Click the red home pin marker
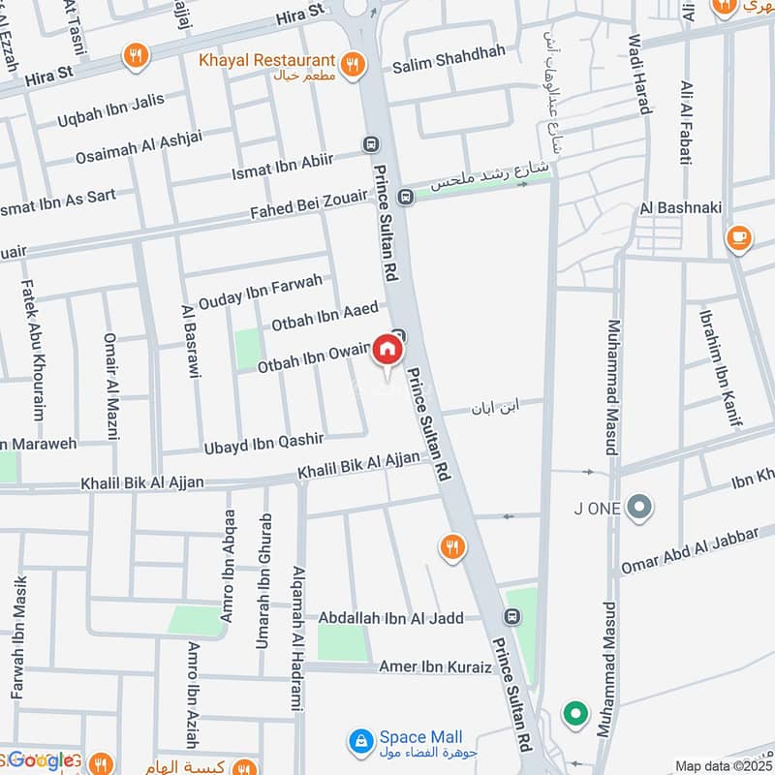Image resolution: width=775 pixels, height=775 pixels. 387,350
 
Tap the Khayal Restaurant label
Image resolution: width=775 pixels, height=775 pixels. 266,60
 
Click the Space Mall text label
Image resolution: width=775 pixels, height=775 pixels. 420,737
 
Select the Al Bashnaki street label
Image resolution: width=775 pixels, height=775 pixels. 675,208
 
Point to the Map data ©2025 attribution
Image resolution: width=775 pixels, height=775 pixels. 723,766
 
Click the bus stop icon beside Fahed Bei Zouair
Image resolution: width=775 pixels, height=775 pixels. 406,197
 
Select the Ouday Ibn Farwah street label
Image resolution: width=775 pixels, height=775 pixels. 260,291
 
